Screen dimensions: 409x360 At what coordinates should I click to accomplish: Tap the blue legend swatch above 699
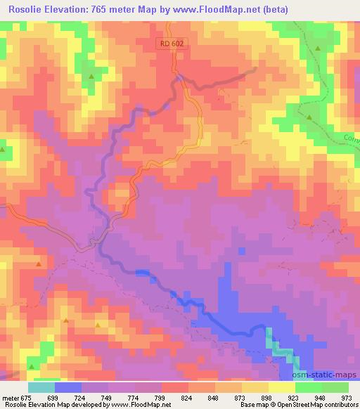coord(69,387)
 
